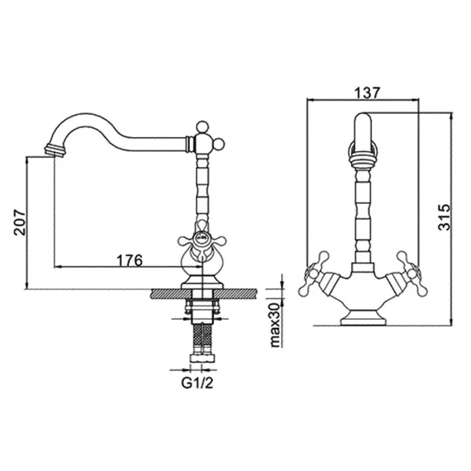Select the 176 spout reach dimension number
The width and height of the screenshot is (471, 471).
(x=129, y=259)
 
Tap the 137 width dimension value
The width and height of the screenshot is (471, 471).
(x=364, y=93)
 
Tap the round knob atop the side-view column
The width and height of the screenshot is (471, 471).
(x=200, y=128)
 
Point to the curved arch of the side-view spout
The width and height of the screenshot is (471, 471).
(x=91, y=124)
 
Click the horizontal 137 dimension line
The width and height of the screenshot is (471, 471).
(x=364, y=102)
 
